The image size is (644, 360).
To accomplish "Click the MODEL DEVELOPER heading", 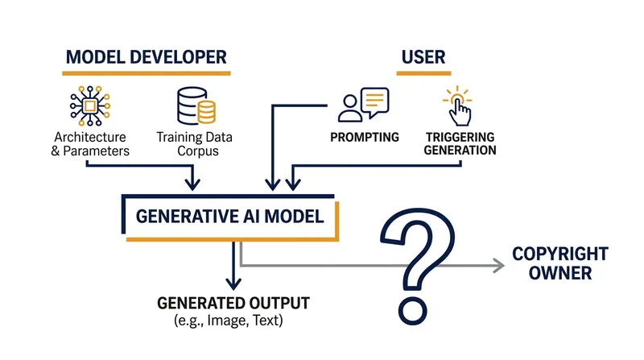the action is tap(147, 57).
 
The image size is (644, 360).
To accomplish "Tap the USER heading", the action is tap(423, 57).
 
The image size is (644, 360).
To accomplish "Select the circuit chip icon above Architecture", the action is tap(90, 106).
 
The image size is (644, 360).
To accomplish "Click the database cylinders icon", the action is tap(196, 106).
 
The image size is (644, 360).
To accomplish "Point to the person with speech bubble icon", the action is tap(364, 105).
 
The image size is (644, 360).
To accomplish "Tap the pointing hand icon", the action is tap(458, 106).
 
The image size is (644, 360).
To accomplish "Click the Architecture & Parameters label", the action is tap(90, 144).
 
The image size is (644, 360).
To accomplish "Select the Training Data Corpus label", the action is tap(195, 144).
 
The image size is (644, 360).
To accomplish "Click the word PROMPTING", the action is tap(365, 137).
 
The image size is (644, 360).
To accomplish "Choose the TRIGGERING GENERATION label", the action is tap(460, 143).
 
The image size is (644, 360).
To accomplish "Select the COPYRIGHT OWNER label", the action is tap(560, 263).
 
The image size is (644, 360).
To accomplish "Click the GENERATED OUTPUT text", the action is tap(233, 304).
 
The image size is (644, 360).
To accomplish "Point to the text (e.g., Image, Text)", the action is tap(229, 321).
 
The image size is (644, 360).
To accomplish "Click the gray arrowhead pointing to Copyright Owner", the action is tap(499, 266).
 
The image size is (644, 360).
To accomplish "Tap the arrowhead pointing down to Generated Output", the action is tap(233, 283).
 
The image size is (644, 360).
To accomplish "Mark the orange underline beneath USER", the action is tap(423, 73).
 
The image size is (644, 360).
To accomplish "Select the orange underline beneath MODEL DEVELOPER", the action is tap(147, 73).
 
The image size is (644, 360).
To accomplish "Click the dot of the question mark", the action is tap(413, 311).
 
